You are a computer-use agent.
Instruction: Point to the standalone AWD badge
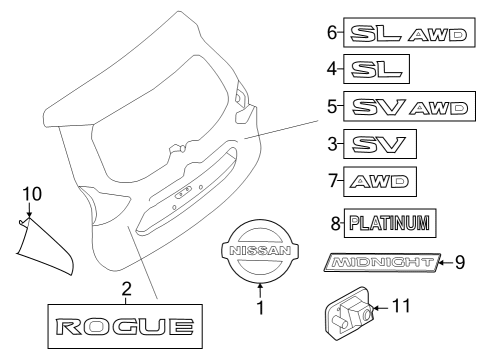click(379, 182)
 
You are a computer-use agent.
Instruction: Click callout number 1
click(259, 309)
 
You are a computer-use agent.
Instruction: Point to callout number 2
click(126, 289)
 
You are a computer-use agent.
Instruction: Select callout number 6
click(333, 34)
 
